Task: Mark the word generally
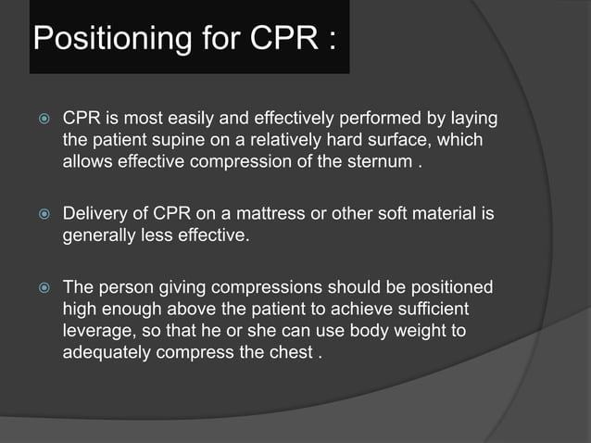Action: pyautogui.click(x=98, y=236)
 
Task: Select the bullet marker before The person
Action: pyautogui.click(x=41, y=288)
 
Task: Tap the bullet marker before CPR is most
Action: pyautogui.click(x=41, y=121)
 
